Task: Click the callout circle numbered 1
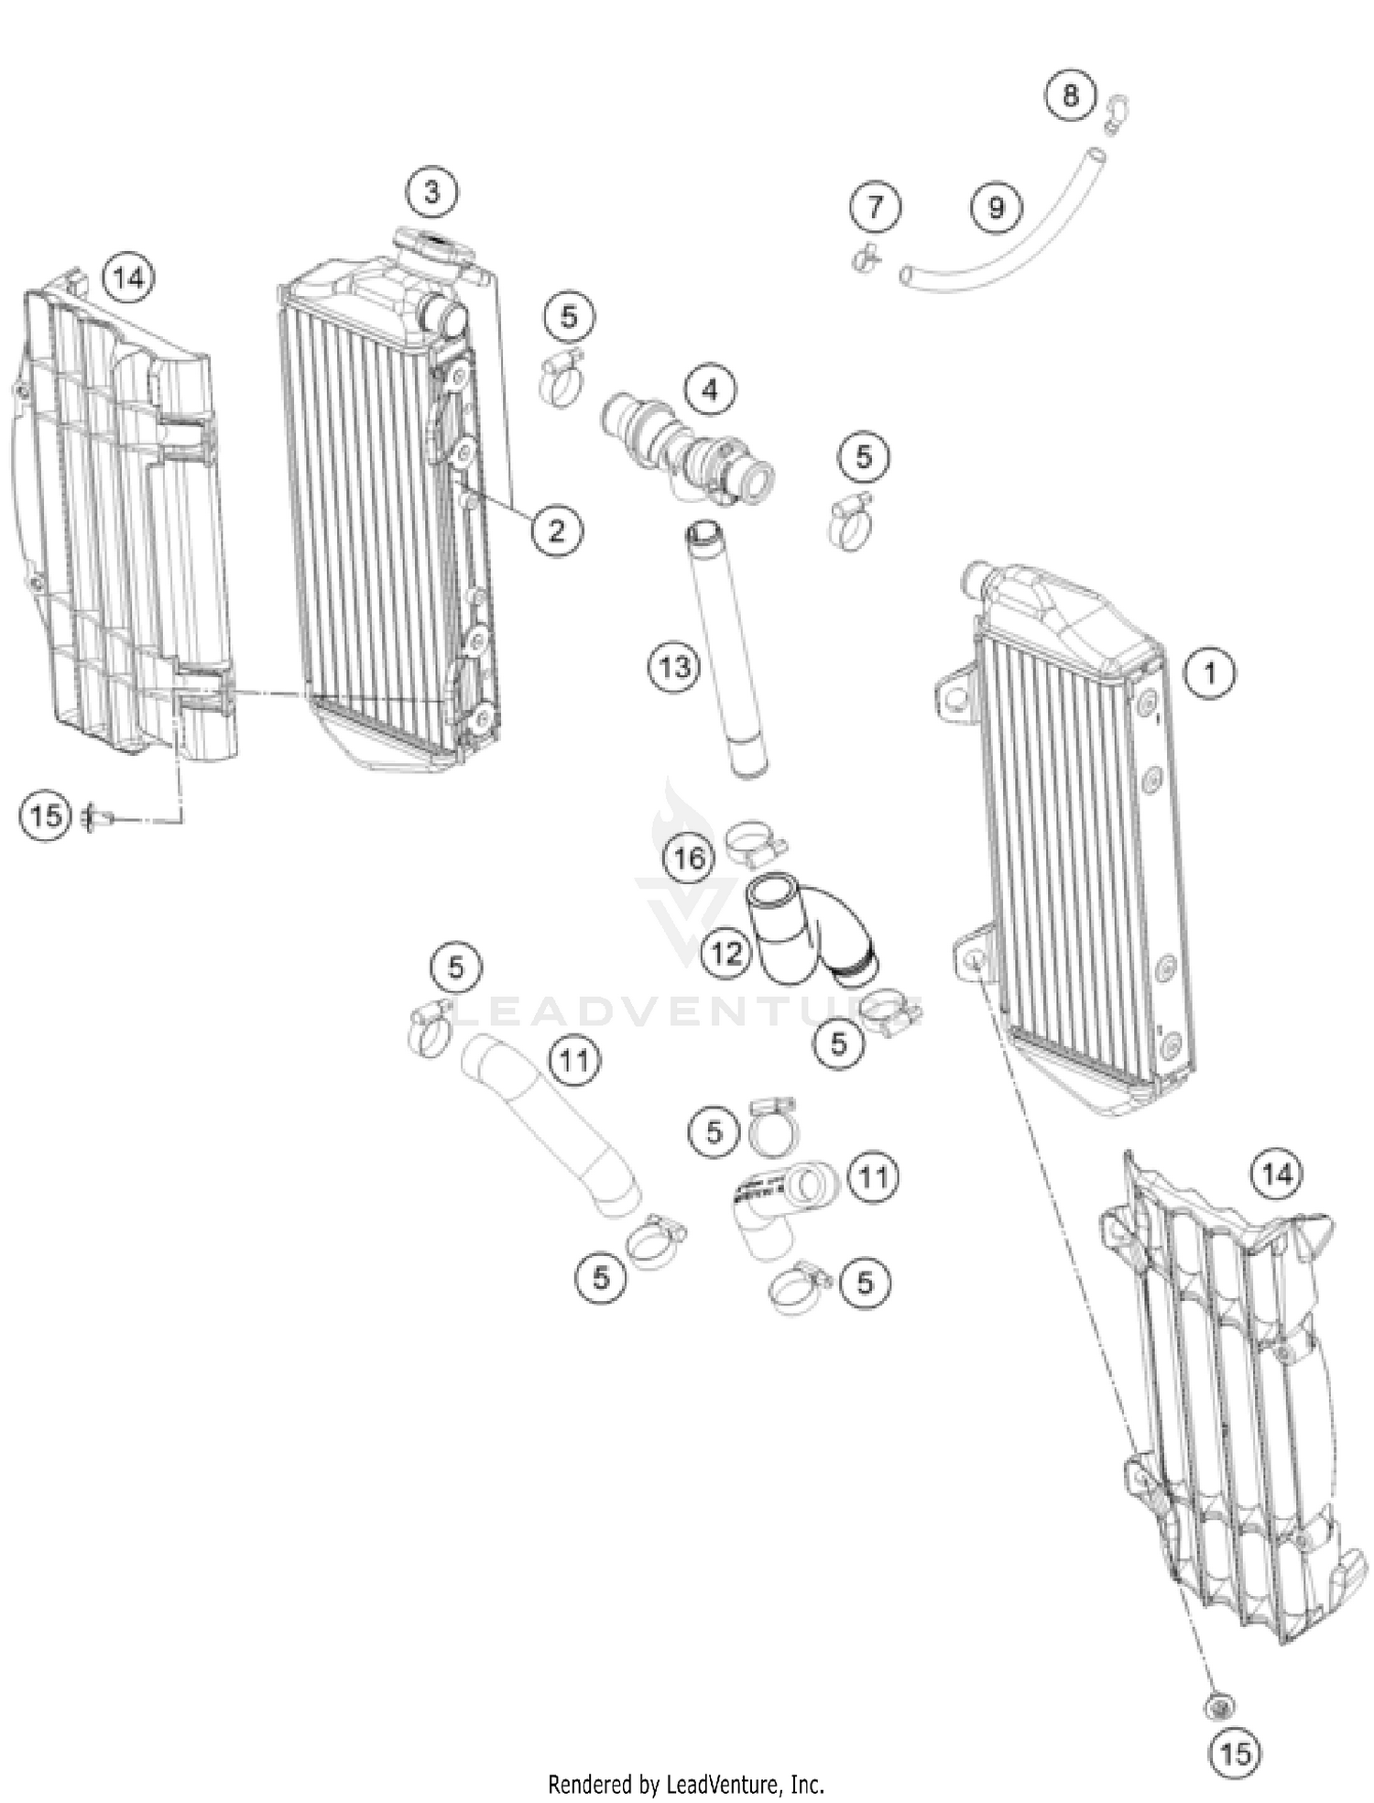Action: point(1209,673)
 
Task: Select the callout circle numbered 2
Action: point(557,530)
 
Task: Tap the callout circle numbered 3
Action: point(431,192)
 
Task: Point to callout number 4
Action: point(710,391)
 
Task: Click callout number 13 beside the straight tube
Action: point(675,667)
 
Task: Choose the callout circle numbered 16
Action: point(689,858)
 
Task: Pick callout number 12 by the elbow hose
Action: point(726,954)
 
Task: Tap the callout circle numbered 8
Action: point(1070,95)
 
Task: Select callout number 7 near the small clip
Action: point(875,207)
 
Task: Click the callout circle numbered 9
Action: point(996,208)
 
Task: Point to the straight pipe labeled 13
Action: point(727,650)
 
